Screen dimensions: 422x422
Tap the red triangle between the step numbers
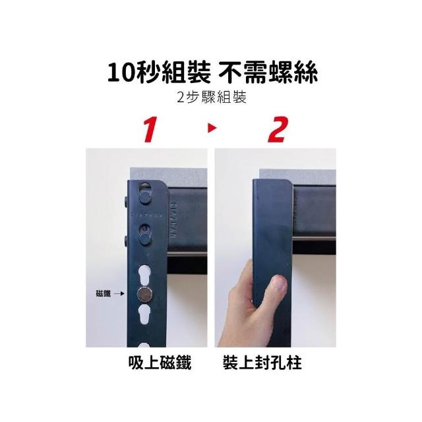click(x=212, y=128)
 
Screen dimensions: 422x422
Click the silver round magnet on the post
click(x=144, y=295)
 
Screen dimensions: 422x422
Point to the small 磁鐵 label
click(x=103, y=293)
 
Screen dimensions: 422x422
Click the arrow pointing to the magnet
click(x=119, y=293)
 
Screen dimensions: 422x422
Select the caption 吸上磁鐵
click(x=160, y=363)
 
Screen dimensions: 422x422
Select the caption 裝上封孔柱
click(x=262, y=363)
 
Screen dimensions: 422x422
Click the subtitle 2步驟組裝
click(x=212, y=98)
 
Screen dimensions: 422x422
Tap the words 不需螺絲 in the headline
click(x=268, y=73)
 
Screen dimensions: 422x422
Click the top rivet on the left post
click(x=145, y=198)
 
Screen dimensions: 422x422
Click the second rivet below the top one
click(x=144, y=239)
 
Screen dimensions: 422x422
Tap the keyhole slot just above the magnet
click(x=144, y=276)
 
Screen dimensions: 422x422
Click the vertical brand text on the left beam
click(x=173, y=220)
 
